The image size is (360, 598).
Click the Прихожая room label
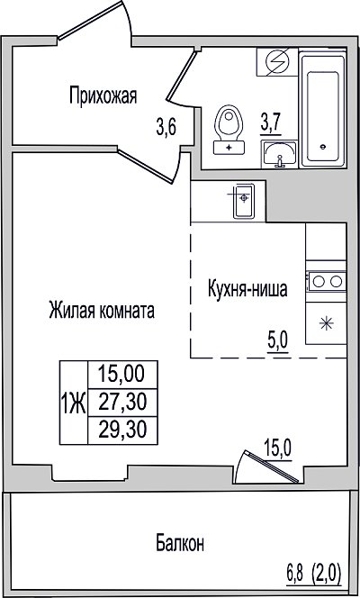tap(103, 95)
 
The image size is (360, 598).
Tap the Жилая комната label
tap(102, 311)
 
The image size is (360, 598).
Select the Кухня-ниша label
tap(247, 290)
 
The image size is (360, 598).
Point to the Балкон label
tap(180, 543)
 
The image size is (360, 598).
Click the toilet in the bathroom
tap(229, 130)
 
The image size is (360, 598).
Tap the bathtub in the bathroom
tap(323, 111)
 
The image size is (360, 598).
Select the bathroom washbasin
tap(279, 154)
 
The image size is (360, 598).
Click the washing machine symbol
tap(277, 62)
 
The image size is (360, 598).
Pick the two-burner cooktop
tap(326, 282)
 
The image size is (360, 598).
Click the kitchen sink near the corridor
tap(243, 201)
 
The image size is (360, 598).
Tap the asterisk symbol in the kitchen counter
tap(327, 324)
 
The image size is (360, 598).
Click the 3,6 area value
tap(166, 128)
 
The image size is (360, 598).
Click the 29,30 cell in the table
tap(122, 430)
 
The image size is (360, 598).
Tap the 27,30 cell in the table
tap(122, 403)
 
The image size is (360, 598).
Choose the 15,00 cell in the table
tap(122, 375)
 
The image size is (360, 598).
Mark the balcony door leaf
tap(272, 467)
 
